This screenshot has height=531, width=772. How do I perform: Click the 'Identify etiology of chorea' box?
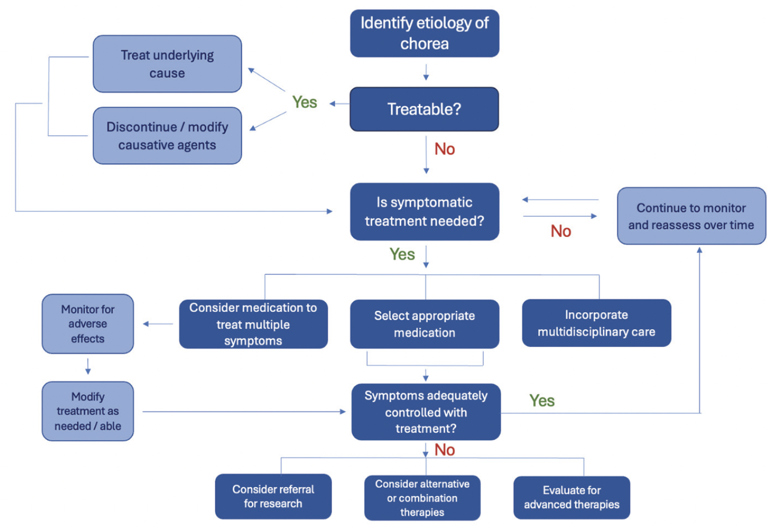click(424, 33)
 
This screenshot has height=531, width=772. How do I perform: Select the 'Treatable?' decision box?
click(424, 109)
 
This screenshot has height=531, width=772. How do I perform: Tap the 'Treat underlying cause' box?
click(167, 64)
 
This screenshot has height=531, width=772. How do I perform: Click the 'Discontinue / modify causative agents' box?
click(167, 136)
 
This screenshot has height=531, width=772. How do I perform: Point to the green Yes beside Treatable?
click(305, 102)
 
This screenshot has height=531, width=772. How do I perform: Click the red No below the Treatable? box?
click(445, 149)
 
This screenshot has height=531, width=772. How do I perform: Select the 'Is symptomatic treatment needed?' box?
click(424, 212)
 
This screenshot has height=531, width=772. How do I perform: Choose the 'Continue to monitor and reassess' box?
click(691, 216)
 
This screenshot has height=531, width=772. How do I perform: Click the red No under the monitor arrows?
click(561, 231)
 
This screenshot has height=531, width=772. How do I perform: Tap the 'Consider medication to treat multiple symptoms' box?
click(253, 324)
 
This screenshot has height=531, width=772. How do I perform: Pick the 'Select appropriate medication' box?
click(424, 324)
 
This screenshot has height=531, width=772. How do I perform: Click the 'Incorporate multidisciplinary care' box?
click(596, 323)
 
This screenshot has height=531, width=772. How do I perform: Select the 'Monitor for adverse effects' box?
click(88, 324)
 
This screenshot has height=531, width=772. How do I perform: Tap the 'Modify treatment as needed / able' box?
click(88, 411)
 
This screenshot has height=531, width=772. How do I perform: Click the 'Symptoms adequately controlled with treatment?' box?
click(426, 412)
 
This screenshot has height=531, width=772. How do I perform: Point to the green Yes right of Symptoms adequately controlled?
click(542, 401)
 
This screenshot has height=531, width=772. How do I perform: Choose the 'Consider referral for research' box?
click(273, 496)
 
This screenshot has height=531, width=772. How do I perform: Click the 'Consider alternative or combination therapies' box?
click(422, 498)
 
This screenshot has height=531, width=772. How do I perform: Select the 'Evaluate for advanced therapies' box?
click(571, 497)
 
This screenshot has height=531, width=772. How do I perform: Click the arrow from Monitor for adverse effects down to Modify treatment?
click(88, 366)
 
